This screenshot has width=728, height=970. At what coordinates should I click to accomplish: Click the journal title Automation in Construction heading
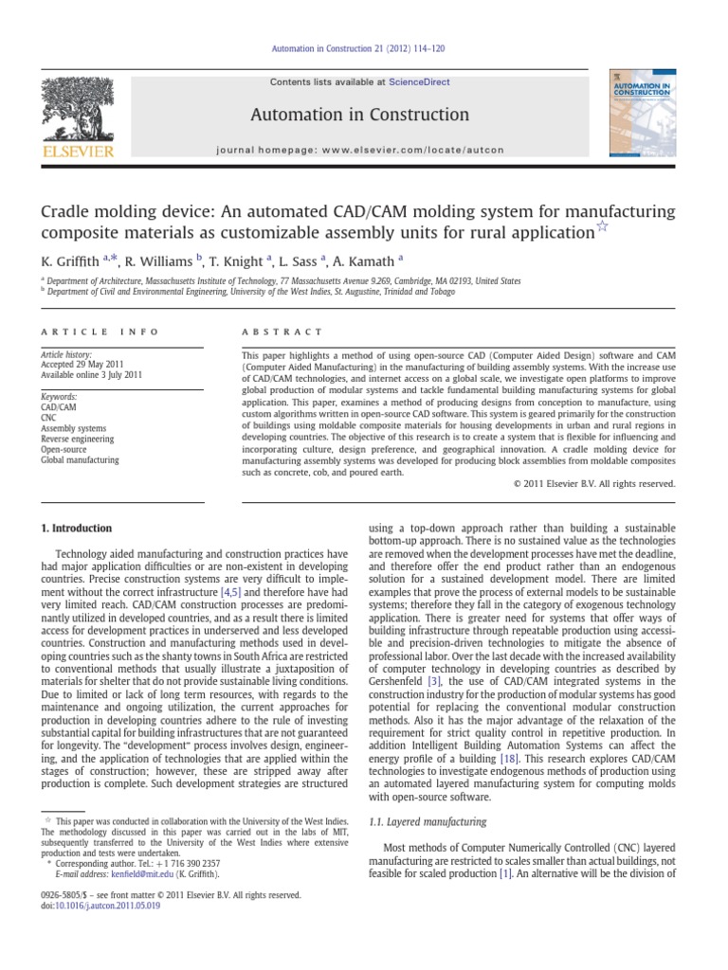pos(359,115)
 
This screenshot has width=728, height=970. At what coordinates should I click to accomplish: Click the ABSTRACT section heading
pos(282,332)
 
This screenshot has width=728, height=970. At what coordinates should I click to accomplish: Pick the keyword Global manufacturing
pos(80,460)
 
